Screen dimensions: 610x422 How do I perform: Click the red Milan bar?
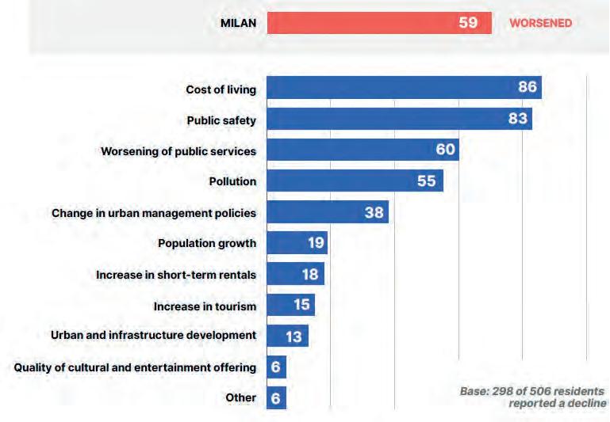[379, 23]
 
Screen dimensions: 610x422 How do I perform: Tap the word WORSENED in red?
[541, 23]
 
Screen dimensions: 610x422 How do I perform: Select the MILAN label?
[239, 23]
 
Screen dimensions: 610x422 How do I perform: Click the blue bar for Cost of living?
[405, 87]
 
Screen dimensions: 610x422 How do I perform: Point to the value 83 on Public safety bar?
[518, 119]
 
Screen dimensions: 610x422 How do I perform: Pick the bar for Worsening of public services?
[363, 150]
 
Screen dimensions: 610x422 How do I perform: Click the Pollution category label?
[232, 181]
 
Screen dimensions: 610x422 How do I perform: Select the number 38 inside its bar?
[374, 212]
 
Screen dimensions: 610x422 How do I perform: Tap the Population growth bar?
[297, 243]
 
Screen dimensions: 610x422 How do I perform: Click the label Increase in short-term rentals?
[176, 275]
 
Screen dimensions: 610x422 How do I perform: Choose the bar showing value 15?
[291, 305]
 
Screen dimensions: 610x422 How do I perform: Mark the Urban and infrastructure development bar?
[288, 336]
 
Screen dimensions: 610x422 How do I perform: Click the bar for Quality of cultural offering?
[277, 367]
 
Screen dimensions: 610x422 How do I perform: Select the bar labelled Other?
[277, 398]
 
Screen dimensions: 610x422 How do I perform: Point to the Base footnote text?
[532, 397]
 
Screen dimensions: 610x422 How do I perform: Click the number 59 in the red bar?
[468, 23]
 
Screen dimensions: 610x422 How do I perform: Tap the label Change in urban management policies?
[154, 213]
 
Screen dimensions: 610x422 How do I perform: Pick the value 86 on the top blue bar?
[528, 87]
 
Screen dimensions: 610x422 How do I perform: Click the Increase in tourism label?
[205, 306]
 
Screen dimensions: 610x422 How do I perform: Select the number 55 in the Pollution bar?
[427, 181]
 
